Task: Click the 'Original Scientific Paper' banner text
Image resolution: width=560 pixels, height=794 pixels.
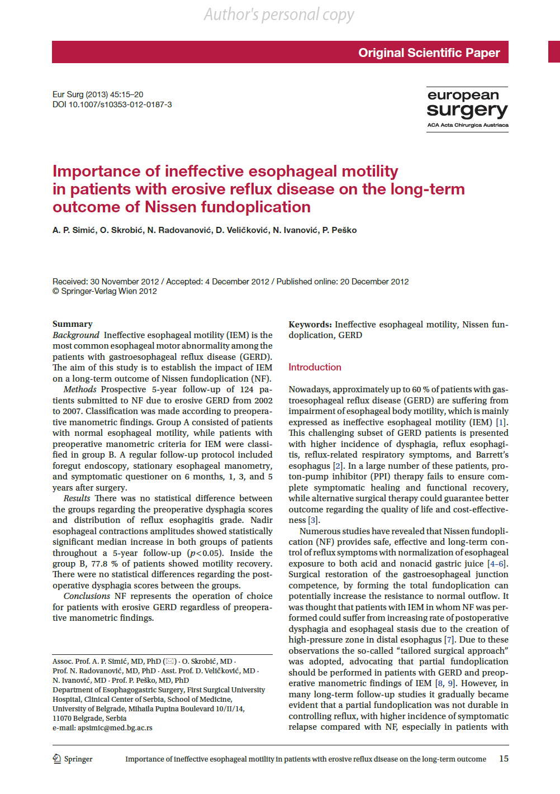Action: click(429, 53)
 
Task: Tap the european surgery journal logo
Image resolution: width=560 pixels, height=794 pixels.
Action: click(467, 108)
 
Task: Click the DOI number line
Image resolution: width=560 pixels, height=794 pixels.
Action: click(112, 104)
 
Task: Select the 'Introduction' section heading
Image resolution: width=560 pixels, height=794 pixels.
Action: click(315, 367)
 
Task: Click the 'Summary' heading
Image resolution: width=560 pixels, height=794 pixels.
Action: click(73, 324)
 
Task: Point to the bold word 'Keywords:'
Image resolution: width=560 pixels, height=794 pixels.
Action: click(310, 325)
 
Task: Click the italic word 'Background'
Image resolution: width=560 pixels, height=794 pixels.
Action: click(76, 335)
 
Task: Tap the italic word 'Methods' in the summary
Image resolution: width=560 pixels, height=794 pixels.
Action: click(80, 389)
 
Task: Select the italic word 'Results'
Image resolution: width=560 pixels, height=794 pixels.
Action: click(77, 498)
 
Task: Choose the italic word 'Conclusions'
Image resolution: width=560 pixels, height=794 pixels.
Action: click(87, 596)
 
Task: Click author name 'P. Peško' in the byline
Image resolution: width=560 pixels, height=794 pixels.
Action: click(339, 230)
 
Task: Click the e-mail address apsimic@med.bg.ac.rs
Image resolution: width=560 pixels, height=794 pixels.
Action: click(115, 728)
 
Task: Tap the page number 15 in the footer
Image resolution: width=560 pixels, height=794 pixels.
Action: click(504, 759)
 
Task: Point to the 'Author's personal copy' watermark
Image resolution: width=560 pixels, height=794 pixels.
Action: click(279, 15)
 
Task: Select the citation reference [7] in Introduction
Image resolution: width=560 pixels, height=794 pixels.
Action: click(449, 640)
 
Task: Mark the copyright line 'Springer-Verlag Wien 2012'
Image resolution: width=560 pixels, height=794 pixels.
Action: click(105, 291)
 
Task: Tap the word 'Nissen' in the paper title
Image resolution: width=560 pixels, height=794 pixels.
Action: click(170, 207)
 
